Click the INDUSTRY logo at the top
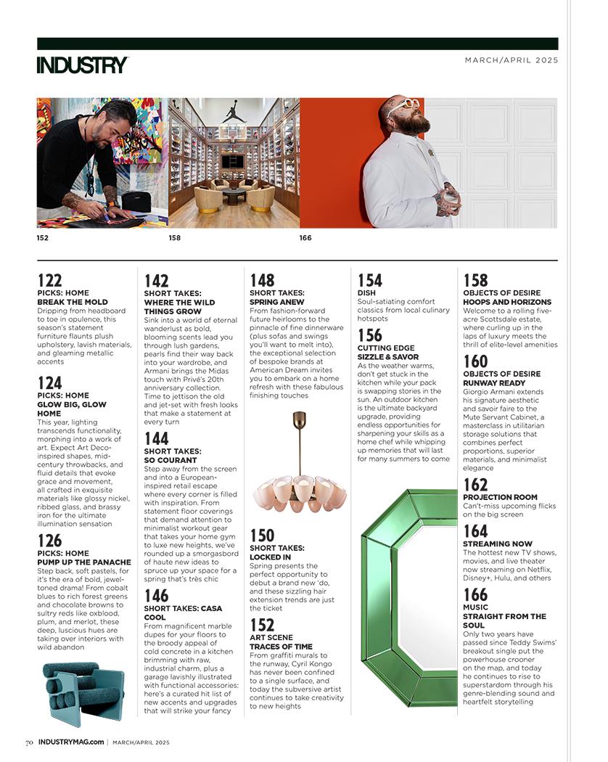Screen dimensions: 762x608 click(x=82, y=65)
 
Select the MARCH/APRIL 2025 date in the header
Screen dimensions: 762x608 click(x=512, y=60)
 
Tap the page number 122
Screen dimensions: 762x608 click(x=49, y=280)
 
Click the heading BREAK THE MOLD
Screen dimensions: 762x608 click(x=73, y=302)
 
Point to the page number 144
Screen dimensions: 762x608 click(x=156, y=438)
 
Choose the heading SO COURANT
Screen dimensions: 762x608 click(x=171, y=460)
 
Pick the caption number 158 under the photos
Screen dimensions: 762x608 click(x=174, y=237)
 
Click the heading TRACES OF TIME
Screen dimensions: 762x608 click(x=282, y=647)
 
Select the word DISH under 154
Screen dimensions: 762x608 click(x=366, y=293)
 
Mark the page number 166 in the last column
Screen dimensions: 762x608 click(x=475, y=595)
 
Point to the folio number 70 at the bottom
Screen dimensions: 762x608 click(x=29, y=742)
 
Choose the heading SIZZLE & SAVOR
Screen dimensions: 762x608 click(x=387, y=357)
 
